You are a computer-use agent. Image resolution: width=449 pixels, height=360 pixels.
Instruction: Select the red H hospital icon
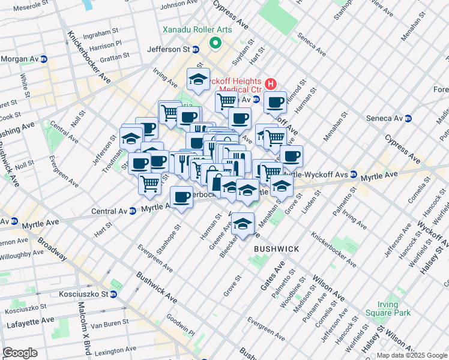click(271, 83)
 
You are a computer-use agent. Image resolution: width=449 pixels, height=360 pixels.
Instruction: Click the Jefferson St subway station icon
click(202, 49)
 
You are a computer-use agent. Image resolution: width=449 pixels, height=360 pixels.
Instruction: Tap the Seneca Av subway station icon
click(408, 118)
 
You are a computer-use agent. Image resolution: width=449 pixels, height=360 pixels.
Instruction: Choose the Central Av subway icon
click(131, 211)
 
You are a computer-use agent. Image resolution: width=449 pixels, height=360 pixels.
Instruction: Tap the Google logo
click(20, 353)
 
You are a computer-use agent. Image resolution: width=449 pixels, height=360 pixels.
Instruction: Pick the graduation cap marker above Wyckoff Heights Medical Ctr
click(198, 79)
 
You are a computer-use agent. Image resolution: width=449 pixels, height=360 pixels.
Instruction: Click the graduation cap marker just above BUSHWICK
click(243, 224)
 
